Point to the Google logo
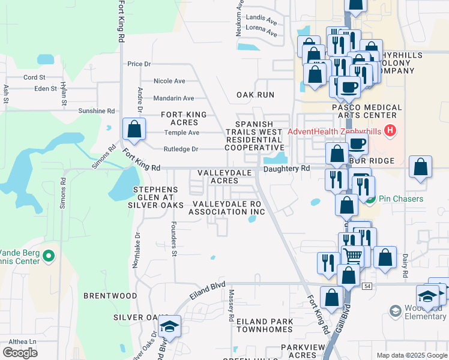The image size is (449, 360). pos(20,353)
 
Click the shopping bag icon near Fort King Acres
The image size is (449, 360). pos(134,129)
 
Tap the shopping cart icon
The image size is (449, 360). pos(353,256)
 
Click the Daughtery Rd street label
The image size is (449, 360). pos(287,169)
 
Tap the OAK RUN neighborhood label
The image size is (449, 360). pos(255,95)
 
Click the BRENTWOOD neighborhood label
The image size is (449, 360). pos(110,296)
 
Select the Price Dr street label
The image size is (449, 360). pos(139,64)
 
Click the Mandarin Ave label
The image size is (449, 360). pos(173,98)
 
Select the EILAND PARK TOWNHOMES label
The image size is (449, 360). pos(256,326)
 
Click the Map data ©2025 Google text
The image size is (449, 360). pos(411,355)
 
